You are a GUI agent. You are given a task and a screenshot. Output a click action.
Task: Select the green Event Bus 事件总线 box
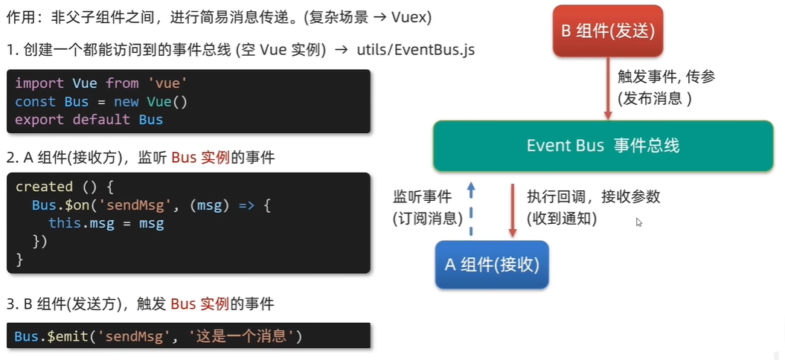603,146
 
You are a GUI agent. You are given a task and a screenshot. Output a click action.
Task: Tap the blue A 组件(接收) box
492,265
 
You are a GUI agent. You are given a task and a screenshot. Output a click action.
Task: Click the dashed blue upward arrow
470,211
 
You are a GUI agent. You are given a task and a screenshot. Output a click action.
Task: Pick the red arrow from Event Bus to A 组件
513,211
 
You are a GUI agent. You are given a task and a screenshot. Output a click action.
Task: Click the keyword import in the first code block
39,83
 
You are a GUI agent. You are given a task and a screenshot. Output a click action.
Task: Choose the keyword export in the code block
39,119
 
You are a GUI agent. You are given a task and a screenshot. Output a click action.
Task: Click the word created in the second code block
44,187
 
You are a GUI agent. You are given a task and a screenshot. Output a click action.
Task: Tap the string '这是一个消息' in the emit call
243,336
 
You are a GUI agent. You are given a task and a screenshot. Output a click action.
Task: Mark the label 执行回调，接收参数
593,197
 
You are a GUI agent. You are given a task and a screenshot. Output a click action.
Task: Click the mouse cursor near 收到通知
638,221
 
